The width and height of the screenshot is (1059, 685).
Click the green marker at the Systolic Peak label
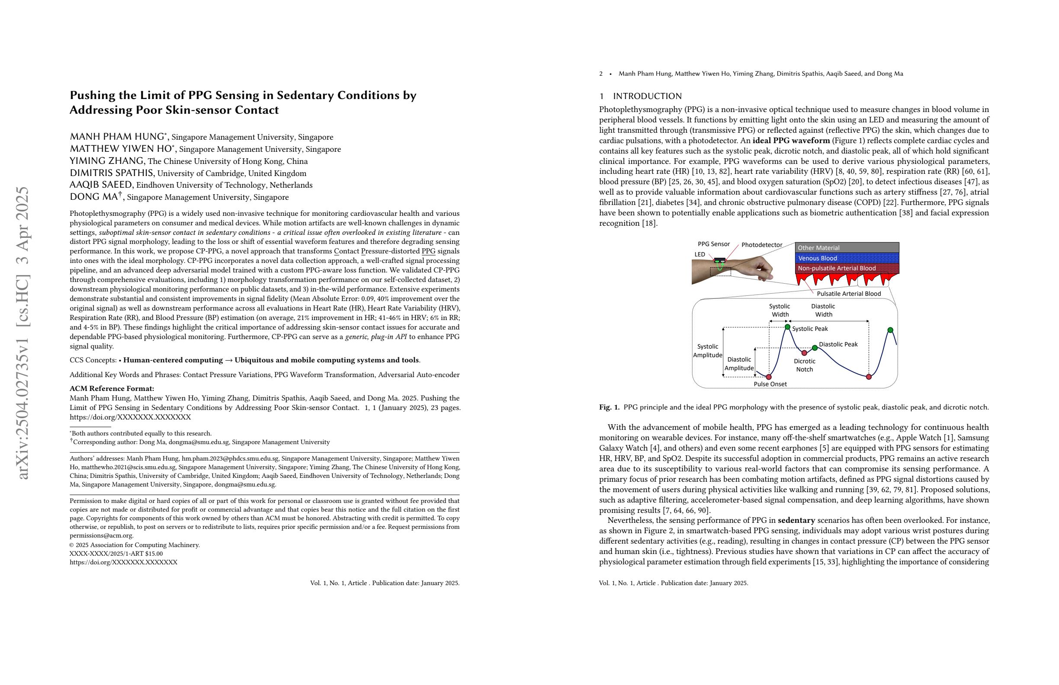point(787,327)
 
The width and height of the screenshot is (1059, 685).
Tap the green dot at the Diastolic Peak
point(815,348)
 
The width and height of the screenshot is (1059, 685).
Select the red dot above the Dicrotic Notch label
point(804,353)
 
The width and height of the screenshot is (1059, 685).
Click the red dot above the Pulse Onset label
point(768,377)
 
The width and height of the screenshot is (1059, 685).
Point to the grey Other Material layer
point(847,248)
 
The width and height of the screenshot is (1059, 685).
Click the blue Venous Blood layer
point(847,258)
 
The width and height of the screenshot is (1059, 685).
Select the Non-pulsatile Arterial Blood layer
point(847,268)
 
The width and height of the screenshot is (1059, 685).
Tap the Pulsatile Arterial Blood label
point(848,294)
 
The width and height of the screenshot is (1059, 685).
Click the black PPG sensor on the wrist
point(719,261)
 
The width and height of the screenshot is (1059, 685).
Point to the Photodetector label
point(761,245)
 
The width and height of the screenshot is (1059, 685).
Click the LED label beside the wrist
point(700,254)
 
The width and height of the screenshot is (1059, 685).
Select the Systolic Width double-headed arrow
point(779,321)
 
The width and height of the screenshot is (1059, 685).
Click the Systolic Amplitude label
point(707,351)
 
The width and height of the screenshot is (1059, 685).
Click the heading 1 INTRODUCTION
point(640,96)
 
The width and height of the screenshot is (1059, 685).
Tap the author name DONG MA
point(93,197)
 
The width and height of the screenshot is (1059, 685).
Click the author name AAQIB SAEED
point(101,185)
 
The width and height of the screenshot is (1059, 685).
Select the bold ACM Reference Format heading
point(112,388)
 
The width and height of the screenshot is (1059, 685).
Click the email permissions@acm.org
point(102,535)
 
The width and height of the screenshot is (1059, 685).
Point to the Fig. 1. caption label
point(609,407)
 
